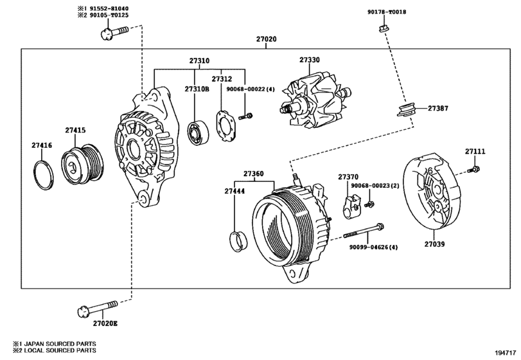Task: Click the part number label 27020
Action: coord(267,40)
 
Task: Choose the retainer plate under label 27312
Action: coord(225,127)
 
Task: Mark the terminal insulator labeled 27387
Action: coord(407,110)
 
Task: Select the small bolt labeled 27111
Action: coord(473,169)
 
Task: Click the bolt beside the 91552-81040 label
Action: coord(114,31)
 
